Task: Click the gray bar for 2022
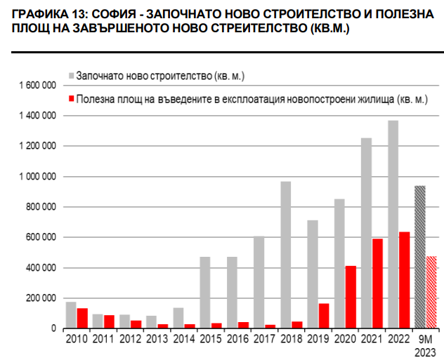point(393,225)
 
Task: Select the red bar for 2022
point(404,280)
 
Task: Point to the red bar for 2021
point(377,284)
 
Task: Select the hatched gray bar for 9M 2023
point(420,257)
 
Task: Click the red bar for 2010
point(82,318)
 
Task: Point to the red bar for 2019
point(324,316)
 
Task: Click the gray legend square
point(71,75)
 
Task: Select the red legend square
point(71,100)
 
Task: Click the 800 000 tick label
point(41,207)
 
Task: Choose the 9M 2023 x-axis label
point(426,345)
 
